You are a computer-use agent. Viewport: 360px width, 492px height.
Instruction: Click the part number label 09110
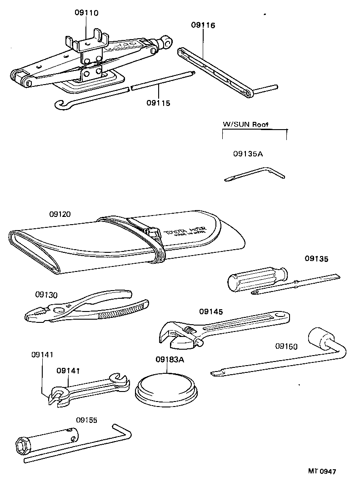tap(86, 13)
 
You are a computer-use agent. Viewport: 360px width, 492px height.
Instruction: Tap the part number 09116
tap(203, 25)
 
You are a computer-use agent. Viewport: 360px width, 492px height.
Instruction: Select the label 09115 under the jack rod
tap(158, 103)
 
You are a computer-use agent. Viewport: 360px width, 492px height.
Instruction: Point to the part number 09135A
tap(248, 154)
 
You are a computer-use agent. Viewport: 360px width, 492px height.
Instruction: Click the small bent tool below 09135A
tap(255, 174)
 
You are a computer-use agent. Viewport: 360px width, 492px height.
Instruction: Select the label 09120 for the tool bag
tap(60, 214)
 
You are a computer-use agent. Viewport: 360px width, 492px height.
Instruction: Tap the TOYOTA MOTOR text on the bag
tap(186, 231)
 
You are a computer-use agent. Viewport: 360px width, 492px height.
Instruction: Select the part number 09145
tap(211, 311)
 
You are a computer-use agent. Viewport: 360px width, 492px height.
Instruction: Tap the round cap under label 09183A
tap(168, 388)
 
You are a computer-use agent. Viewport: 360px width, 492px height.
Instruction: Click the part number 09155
tap(86, 420)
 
